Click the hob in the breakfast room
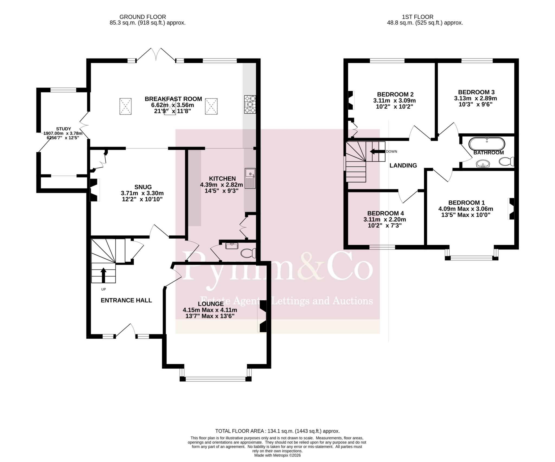pyautogui.click(x=250, y=104)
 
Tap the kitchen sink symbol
pyautogui.click(x=250, y=178)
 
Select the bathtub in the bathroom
pyautogui.click(x=487, y=144)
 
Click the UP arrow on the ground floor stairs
pyautogui.click(x=103, y=275)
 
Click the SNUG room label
pyautogui.click(x=143, y=187)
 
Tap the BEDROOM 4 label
pyautogui.click(x=386, y=213)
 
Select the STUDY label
pyautogui.click(x=63, y=129)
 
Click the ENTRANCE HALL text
pyautogui.click(x=126, y=300)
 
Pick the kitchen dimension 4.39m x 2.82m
pyautogui.click(x=222, y=185)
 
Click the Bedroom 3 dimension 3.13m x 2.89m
pyautogui.click(x=476, y=98)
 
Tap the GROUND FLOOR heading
pyautogui.click(x=143, y=17)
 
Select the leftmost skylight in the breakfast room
pyautogui.click(x=126, y=106)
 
